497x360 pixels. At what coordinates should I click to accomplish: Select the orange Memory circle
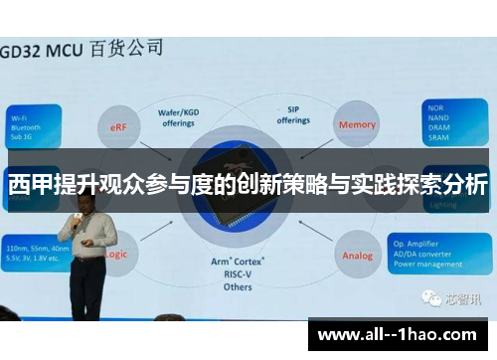pos(357,124)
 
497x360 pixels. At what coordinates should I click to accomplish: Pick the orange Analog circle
pos(357,256)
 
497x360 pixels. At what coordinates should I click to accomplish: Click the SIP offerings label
pos(293,115)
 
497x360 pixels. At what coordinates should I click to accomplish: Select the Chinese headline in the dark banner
pos(248,185)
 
